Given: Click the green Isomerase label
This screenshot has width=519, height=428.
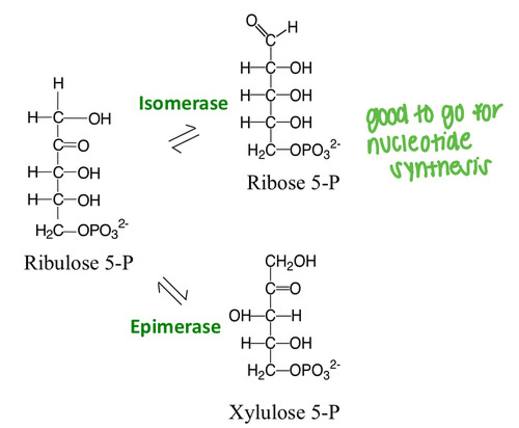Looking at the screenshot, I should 183,103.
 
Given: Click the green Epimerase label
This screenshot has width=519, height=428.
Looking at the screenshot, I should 175,327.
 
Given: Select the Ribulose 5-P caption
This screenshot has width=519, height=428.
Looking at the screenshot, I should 79,263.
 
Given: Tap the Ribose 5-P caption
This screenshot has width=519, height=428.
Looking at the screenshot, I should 293,183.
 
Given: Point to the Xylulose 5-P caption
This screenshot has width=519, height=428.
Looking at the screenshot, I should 284,412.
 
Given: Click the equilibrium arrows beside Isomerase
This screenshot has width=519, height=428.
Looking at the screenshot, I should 184,139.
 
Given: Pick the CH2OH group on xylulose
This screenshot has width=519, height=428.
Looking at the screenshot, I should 290,261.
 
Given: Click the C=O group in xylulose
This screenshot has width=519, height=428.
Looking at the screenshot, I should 283,288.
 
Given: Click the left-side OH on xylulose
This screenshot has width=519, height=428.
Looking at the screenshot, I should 239,316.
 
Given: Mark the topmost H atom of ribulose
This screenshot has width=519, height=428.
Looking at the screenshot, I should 58,84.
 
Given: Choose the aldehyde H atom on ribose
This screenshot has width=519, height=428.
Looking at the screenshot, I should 292,27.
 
